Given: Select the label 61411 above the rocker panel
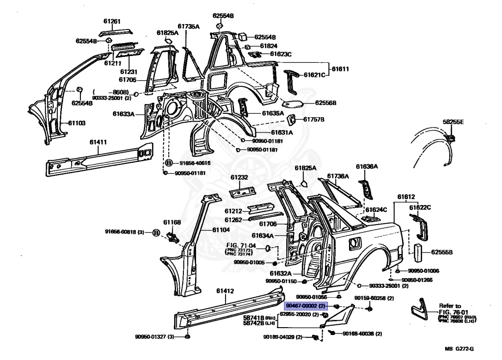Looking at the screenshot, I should click(98, 142).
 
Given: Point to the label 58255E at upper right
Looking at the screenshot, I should click(453, 122).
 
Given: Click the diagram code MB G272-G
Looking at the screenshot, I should click(459, 349).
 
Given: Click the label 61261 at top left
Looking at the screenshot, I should click(111, 22).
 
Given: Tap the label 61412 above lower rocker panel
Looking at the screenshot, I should click(225, 291).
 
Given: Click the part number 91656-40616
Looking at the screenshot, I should click(195, 163).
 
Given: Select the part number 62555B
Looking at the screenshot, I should click(442, 253).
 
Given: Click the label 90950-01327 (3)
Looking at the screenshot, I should click(155, 336).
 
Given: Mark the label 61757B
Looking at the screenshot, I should click(314, 119).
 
